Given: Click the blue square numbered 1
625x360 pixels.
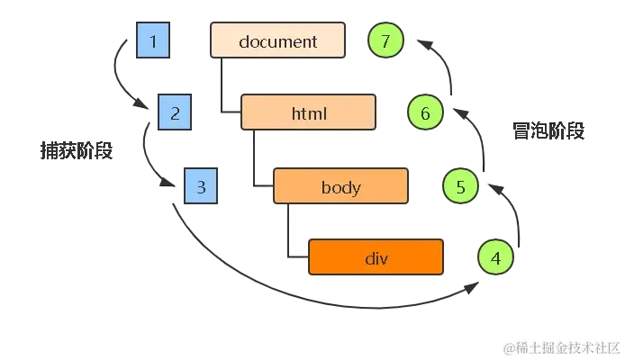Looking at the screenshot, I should [154, 41].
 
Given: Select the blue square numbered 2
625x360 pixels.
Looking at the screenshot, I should [175, 114].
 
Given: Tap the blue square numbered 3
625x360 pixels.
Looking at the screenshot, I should [201, 187].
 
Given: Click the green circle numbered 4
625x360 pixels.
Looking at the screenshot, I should [495, 258].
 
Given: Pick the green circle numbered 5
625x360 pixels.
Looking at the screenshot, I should [460, 187].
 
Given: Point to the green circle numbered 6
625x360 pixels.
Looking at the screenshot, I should [425, 114].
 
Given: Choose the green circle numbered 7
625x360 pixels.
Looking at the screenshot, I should [385, 41].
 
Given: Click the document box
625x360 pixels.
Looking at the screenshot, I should [277, 41].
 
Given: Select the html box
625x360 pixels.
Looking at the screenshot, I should [309, 114].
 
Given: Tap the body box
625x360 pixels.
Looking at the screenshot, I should [340, 187].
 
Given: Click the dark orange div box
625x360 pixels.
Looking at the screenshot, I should [376, 258].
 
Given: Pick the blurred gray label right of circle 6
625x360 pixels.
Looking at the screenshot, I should [549, 132].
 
